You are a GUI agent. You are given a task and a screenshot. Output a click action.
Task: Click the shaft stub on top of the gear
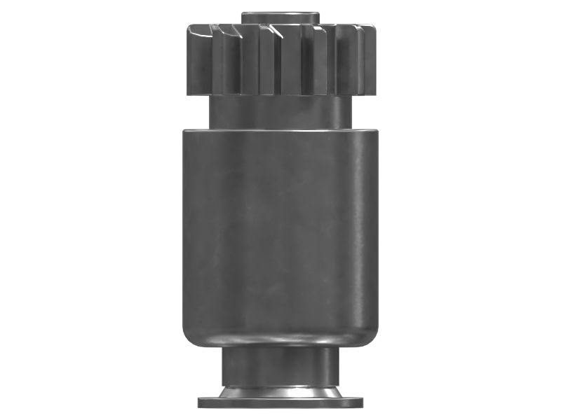280,17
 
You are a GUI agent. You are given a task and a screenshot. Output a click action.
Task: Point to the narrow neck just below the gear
280,112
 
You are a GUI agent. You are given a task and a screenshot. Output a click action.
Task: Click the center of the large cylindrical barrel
280,234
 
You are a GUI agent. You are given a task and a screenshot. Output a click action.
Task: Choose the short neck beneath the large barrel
280,364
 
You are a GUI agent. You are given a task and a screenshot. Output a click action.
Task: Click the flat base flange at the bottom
280,402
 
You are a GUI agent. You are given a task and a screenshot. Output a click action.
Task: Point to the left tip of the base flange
200,402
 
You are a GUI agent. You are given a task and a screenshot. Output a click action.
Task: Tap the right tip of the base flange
363,402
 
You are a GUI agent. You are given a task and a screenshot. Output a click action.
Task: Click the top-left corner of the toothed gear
189,28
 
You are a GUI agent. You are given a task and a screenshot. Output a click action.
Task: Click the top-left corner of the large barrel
185,131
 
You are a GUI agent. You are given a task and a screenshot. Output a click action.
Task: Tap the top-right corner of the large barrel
375,131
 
